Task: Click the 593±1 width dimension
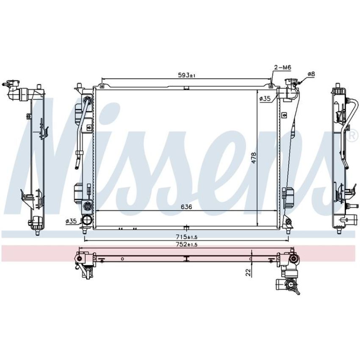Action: tap(186, 75)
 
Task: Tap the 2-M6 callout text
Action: tap(282, 67)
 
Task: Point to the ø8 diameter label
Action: tap(311, 74)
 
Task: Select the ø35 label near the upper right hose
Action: tap(265, 99)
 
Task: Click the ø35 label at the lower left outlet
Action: tap(71, 222)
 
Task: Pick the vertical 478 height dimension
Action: tap(254, 158)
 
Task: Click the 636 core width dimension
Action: tap(186, 207)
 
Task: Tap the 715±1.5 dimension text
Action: tap(186, 237)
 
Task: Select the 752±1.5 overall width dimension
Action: tap(186, 244)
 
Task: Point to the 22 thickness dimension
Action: tap(248, 272)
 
